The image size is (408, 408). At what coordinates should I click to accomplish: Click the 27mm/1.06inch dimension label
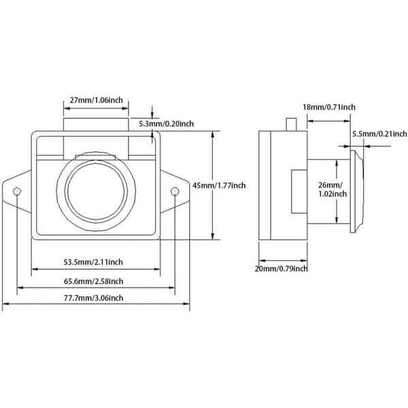[x=97, y=100]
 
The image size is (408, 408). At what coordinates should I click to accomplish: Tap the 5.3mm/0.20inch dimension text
[x=166, y=124]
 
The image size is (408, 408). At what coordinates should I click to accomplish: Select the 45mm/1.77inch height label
[x=219, y=186]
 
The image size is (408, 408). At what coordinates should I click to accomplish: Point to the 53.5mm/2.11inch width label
[x=93, y=262]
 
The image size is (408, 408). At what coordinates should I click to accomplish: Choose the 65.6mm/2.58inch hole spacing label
[x=93, y=282]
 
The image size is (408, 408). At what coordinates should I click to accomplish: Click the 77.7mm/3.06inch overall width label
[x=93, y=298]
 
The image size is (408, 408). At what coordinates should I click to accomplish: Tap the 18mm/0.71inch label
[x=329, y=107]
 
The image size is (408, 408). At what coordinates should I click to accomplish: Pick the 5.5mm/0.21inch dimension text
[x=379, y=134]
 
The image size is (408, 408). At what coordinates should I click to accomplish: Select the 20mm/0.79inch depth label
[x=281, y=269]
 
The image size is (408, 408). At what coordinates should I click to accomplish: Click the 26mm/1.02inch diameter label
[x=333, y=190]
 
